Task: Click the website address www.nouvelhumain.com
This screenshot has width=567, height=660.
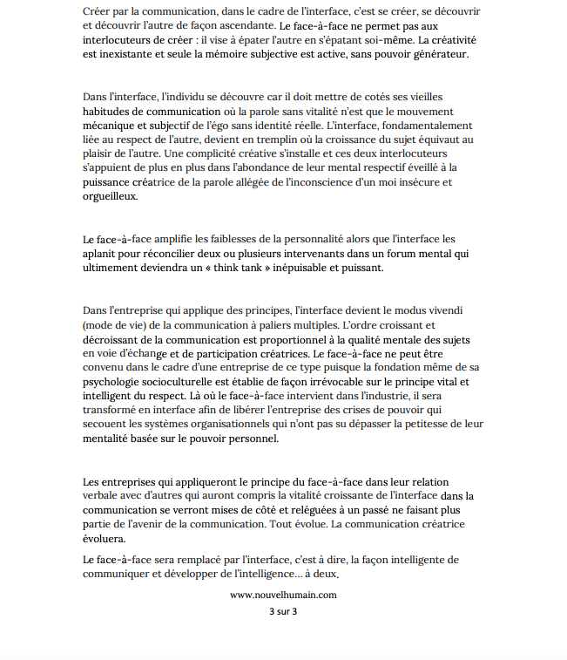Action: point(283,595)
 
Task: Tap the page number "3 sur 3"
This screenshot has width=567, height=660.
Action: point(283,611)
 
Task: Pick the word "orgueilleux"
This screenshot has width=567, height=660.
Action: point(111,196)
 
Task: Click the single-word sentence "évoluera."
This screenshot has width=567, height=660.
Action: point(105,539)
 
